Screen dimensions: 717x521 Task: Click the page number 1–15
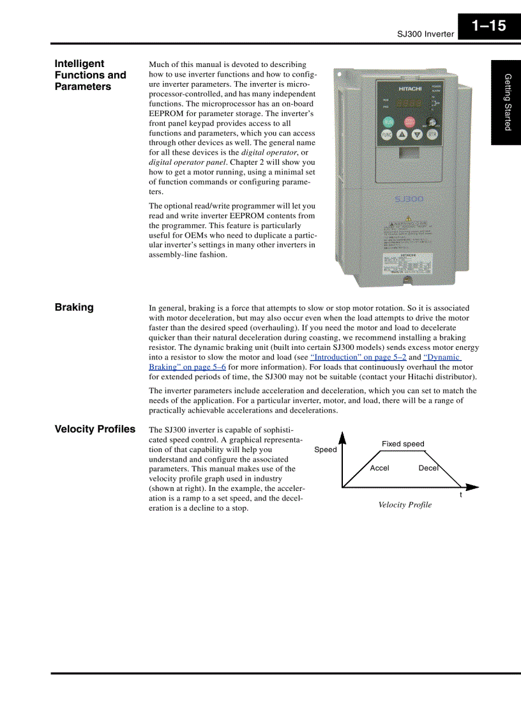pyautogui.click(x=488, y=26)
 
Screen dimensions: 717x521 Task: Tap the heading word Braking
pyautogui.click(x=74, y=307)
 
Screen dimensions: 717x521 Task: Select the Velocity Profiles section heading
pyautogui.click(x=94, y=429)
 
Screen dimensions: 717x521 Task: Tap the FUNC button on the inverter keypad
pyautogui.click(x=387, y=135)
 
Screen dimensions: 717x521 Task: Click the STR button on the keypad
pyautogui.click(x=432, y=135)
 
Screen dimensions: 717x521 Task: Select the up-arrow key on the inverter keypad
pyautogui.click(x=402, y=135)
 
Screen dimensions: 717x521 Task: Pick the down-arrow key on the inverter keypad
pyautogui.click(x=417, y=135)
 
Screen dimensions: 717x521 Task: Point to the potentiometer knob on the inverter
pyautogui.click(x=431, y=121)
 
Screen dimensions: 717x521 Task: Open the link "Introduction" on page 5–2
pyautogui.click(x=358, y=358)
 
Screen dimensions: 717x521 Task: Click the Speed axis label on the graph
pyautogui.click(x=326, y=449)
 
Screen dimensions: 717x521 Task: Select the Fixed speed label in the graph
pyautogui.click(x=403, y=444)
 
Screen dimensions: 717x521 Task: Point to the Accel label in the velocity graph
pyautogui.click(x=379, y=468)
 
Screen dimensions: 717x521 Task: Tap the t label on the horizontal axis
pyautogui.click(x=461, y=495)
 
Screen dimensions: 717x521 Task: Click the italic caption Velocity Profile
pyautogui.click(x=405, y=505)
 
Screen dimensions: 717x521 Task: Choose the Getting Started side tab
pyautogui.click(x=507, y=102)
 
